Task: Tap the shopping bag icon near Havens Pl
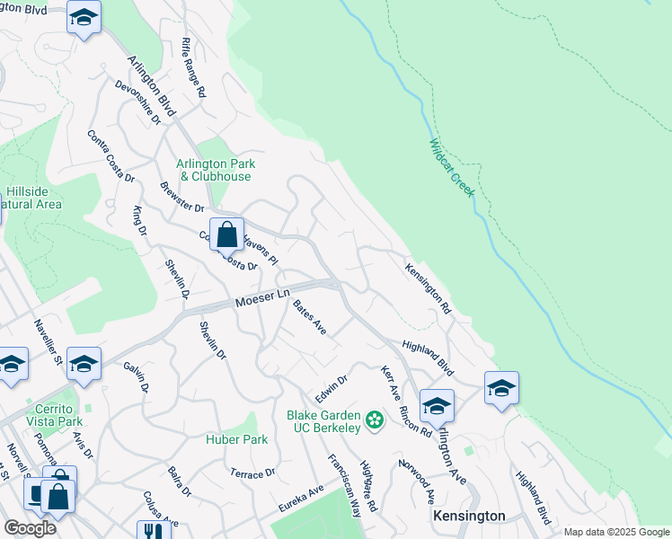pos(227,234)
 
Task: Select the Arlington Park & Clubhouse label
pos(215,170)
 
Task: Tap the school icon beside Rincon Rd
pos(437,406)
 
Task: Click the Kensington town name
pos(469,516)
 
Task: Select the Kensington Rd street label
pos(428,287)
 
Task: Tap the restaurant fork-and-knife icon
pos(148,532)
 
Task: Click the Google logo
pos(30,528)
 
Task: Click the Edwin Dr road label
pos(331,389)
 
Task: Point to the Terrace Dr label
pos(252,473)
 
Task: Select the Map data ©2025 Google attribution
pos(616,532)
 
